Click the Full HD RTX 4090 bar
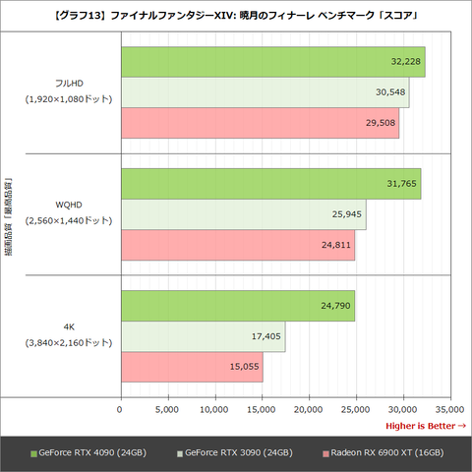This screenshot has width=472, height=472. (272, 61)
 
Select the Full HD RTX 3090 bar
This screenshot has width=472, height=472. (265, 91)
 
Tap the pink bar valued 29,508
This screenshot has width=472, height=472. (260, 122)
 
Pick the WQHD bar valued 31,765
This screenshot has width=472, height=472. (270, 183)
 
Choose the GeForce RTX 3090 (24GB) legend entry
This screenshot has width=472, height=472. (236, 452)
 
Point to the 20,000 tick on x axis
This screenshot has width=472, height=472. (309, 408)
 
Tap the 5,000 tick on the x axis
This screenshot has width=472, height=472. (167, 408)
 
